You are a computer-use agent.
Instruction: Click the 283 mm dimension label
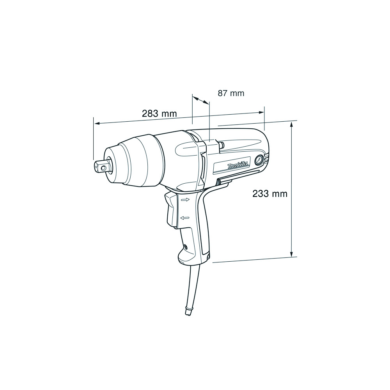[x=159, y=113]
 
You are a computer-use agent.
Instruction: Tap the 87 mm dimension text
[x=231, y=93]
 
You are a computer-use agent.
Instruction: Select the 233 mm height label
[x=270, y=193]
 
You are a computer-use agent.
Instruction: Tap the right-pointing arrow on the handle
[x=186, y=199]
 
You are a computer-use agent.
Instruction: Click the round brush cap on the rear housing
[x=259, y=160]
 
